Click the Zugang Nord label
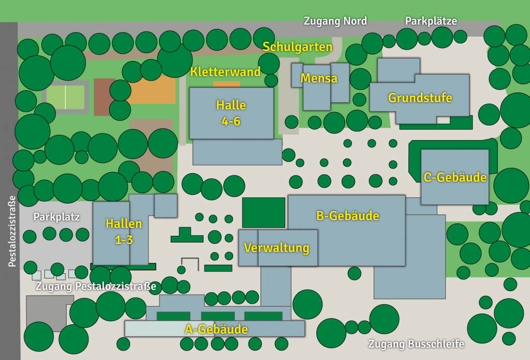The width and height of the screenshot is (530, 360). coord(335,21)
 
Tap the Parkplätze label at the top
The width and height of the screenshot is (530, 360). coord(431,21)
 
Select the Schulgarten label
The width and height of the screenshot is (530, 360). coord(298,47)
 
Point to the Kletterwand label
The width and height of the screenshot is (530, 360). coord(226,72)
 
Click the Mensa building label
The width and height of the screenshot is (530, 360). coord(319,79)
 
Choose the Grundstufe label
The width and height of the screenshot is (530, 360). coord(420,98)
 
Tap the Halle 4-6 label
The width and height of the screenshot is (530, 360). coord(231,113)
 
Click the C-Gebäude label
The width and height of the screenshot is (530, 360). coord(455,177)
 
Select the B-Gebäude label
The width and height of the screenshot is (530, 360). coord(348,216)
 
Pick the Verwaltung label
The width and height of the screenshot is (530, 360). coord(276,248)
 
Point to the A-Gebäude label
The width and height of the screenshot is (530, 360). coord(216,329)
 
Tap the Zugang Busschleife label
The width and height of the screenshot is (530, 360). coord(416,344)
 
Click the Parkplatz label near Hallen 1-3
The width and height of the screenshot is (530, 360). coord(57,217)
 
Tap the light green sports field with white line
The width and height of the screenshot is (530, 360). coord(65,98)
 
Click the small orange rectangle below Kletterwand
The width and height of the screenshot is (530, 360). coord(227,84)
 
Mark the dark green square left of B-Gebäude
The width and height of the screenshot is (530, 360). coord(263,212)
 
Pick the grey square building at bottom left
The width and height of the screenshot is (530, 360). coord(46,312)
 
